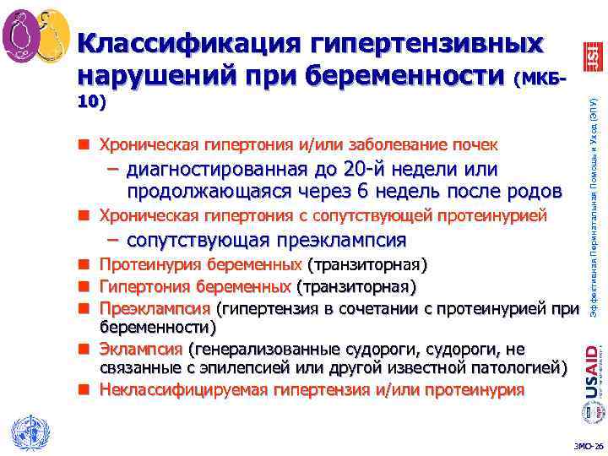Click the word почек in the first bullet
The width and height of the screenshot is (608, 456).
click(x=479, y=143)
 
